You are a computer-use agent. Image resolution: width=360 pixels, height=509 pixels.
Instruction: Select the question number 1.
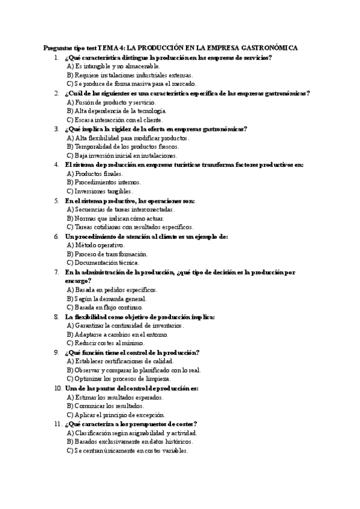(56, 58)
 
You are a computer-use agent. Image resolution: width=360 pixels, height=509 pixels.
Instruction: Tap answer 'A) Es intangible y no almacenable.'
(113, 66)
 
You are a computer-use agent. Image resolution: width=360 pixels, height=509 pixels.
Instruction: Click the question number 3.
(56, 128)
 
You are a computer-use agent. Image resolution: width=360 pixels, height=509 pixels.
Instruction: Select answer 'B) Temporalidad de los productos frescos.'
(122, 146)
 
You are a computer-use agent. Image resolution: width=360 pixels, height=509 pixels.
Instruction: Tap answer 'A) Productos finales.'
(95, 173)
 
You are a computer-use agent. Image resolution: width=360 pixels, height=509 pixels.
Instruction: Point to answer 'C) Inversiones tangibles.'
(100, 191)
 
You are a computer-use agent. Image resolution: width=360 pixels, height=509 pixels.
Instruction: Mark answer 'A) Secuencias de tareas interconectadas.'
(121, 209)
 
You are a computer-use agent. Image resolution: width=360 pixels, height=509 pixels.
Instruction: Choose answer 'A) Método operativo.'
(95, 245)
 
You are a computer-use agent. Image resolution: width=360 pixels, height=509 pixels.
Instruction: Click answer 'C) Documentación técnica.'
(103, 262)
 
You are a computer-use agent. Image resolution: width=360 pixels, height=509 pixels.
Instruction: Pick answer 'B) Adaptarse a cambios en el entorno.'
(117, 334)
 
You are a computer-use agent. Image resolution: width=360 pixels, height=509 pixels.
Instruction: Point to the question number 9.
(56, 352)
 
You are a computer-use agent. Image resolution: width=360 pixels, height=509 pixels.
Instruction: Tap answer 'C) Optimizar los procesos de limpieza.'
(119, 379)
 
